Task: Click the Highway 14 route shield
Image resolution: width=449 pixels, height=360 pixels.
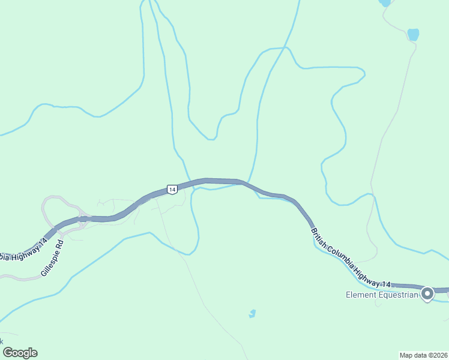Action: click(x=172, y=189)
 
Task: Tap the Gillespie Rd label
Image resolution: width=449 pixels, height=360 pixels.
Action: click(x=52, y=259)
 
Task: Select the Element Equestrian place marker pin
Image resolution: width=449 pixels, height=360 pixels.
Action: click(x=427, y=293)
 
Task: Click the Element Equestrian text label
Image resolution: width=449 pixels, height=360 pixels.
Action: click(x=381, y=295)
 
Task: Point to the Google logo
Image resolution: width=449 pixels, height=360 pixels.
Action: click(x=20, y=353)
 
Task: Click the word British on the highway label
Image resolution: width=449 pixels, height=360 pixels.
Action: click(x=317, y=235)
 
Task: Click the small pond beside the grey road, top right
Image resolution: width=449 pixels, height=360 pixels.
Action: click(x=413, y=34)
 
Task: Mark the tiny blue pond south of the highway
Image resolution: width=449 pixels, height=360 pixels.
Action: click(x=252, y=313)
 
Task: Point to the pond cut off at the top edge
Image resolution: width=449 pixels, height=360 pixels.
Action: click(x=385, y=2)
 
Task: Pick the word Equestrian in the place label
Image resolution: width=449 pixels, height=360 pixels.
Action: click(x=396, y=295)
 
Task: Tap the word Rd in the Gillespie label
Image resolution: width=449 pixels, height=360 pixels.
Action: click(x=59, y=245)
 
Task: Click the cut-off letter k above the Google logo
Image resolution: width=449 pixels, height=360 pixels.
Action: click(x=2, y=341)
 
